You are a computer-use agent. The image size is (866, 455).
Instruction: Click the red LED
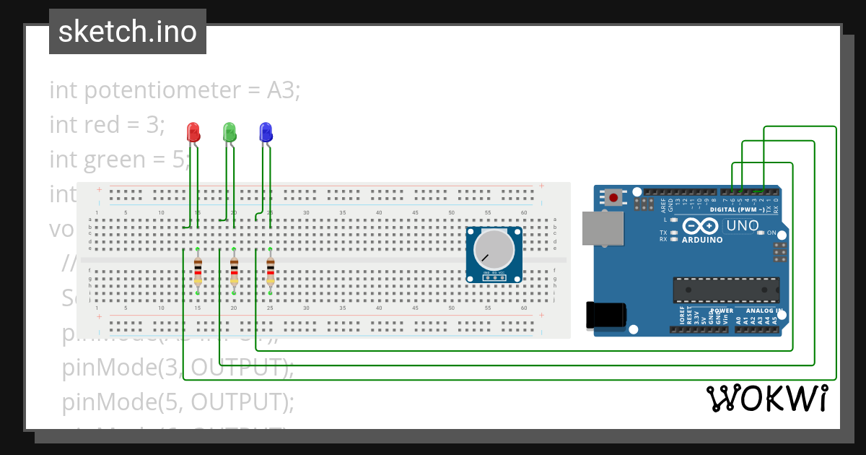193,132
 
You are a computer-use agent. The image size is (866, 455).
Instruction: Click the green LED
229,132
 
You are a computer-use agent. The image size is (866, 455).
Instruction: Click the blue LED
266,132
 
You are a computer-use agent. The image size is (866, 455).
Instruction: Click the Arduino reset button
614,196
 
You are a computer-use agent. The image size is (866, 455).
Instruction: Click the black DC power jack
606,315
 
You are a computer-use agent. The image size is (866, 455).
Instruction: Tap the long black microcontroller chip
726,289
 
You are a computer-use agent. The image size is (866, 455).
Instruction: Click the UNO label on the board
743,225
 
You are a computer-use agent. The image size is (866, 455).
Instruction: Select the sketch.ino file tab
128,32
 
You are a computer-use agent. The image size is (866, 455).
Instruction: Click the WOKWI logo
766,399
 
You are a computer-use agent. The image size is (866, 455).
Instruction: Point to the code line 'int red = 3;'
107,125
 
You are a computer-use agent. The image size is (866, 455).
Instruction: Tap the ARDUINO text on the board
702,239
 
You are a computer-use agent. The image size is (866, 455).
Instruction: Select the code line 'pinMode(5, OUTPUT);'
178,402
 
